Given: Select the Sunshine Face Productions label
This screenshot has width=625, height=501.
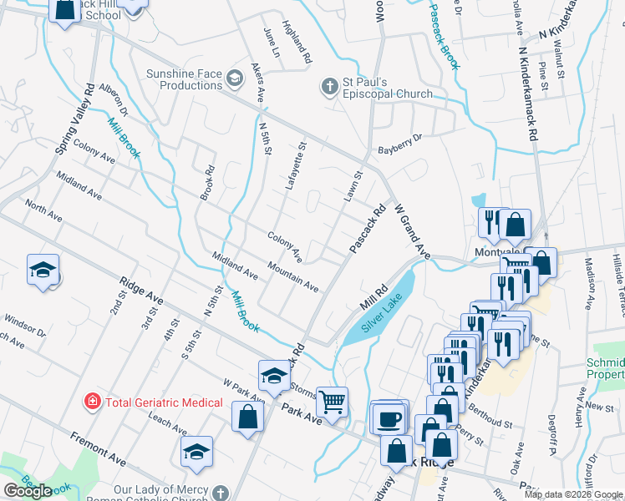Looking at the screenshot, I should [x=184, y=79].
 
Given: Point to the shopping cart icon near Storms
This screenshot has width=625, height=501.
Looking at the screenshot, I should [x=332, y=402].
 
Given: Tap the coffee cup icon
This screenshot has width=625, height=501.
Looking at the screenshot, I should [x=389, y=417].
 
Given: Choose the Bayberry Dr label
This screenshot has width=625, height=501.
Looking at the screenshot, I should [x=401, y=144].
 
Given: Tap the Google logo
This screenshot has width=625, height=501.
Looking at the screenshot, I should [x=28, y=491].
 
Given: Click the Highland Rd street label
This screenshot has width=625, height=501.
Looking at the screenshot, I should [x=297, y=43].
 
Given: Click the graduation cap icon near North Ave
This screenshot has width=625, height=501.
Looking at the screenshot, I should [x=43, y=271].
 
